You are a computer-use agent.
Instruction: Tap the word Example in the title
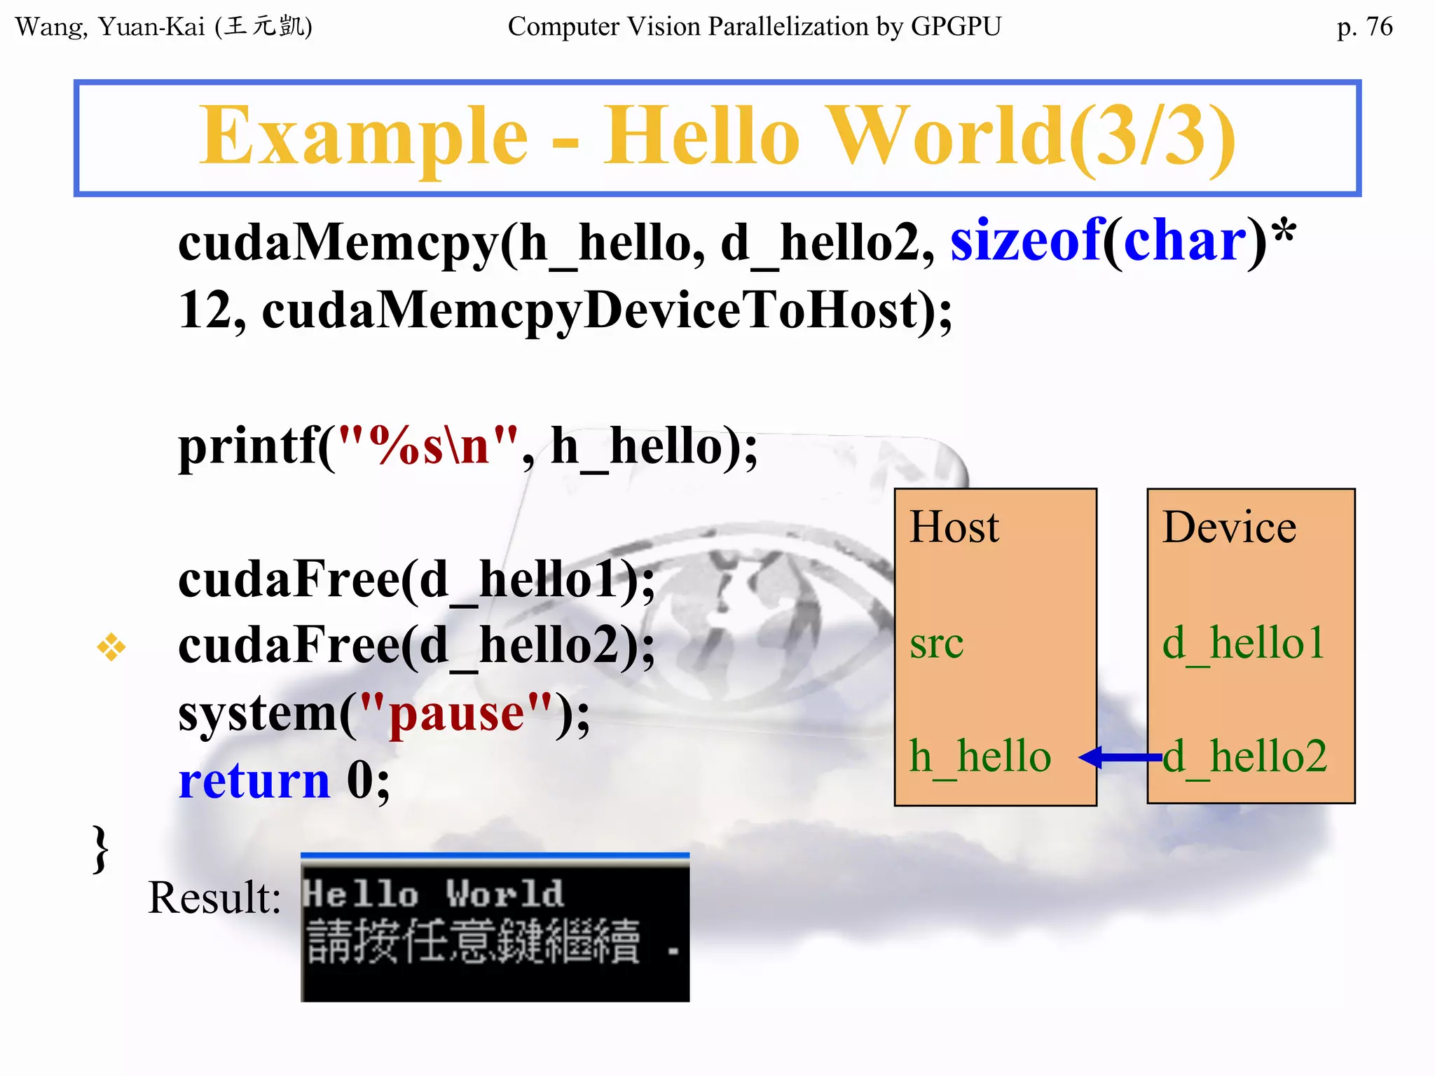point(363,136)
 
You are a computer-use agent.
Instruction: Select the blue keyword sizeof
point(1025,241)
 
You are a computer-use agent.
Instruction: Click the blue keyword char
point(1185,241)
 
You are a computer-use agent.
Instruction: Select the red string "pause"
point(455,714)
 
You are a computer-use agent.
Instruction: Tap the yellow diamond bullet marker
point(111,647)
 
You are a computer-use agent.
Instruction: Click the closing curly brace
point(101,849)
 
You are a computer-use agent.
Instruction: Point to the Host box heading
point(954,527)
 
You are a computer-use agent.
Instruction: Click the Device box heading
point(1229,527)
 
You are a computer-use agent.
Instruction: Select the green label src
point(936,643)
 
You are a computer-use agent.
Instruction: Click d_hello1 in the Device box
point(1243,643)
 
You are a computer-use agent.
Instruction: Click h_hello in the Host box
point(980,757)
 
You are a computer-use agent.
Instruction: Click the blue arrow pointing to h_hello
point(1120,757)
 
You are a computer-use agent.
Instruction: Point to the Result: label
point(214,897)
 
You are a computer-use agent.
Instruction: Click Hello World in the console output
point(433,894)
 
